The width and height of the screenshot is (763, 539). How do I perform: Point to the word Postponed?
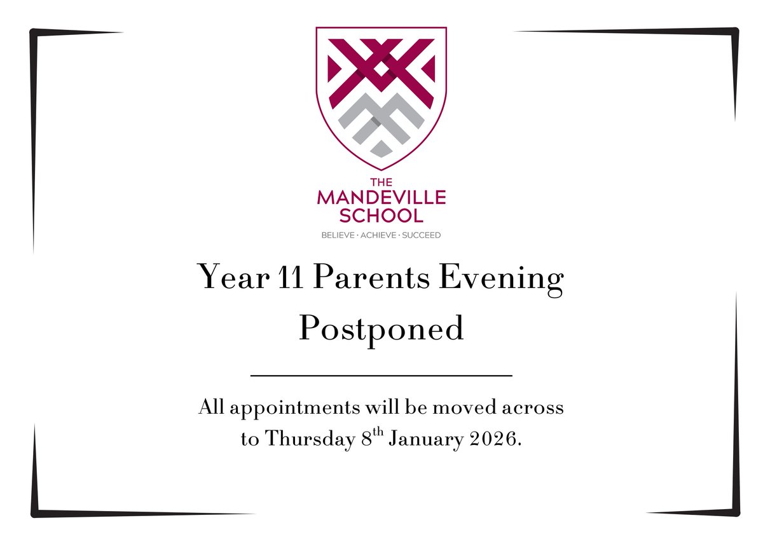pos(381,329)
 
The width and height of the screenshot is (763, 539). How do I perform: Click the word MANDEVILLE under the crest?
pos(381,198)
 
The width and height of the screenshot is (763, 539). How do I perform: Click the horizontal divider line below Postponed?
pos(381,376)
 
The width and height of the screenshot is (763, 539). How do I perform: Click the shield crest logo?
pos(381,95)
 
